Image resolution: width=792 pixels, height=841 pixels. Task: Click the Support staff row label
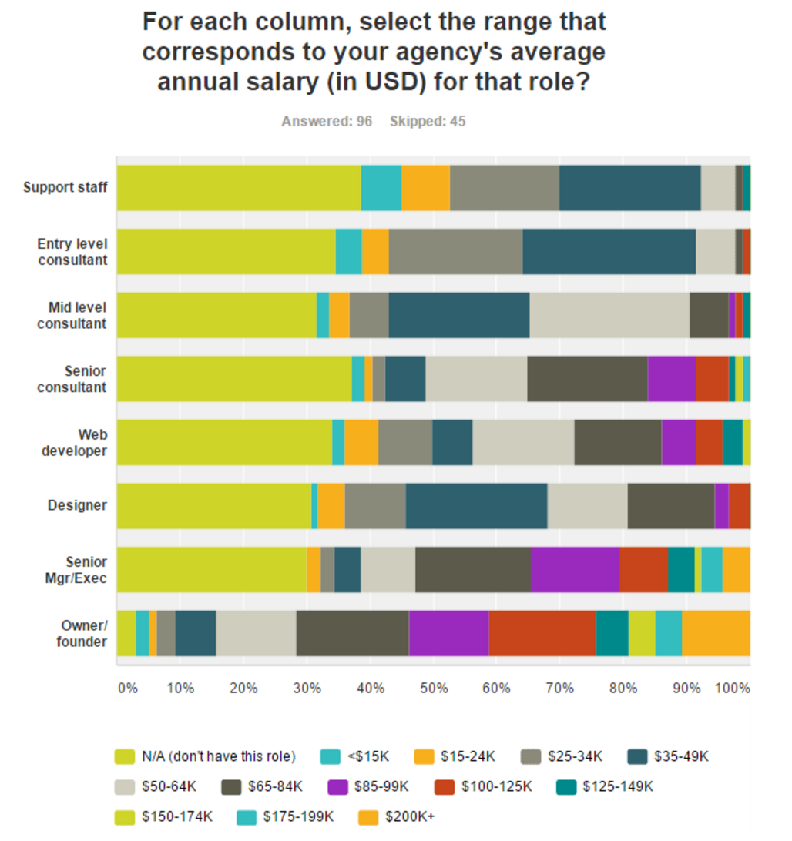(x=65, y=187)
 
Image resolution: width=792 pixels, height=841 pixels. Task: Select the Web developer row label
(x=74, y=443)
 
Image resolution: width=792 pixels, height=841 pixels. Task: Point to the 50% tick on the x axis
(x=433, y=687)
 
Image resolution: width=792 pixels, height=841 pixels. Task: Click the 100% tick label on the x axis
(x=733, y=687)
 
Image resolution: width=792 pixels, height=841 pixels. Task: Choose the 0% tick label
(x=128, y=687)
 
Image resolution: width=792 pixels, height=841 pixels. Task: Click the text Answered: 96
(x=327, y=121)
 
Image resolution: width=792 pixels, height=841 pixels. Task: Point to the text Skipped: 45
(x=428, y=121)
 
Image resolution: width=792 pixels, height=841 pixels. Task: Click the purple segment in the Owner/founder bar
(x=448, y=633)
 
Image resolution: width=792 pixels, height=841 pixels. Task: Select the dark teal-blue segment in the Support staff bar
(x=629, y=187)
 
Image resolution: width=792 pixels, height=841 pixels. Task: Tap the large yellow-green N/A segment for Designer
(x=213, y=506)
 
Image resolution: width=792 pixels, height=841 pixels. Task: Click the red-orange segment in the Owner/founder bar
(x=542, y=633)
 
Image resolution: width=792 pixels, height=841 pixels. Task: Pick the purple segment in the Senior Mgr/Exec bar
(x=575, y=569)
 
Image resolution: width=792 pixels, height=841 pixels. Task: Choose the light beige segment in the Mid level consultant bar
(x=609, y=315)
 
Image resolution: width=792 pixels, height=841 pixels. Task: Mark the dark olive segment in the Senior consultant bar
(x=587, y=378)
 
